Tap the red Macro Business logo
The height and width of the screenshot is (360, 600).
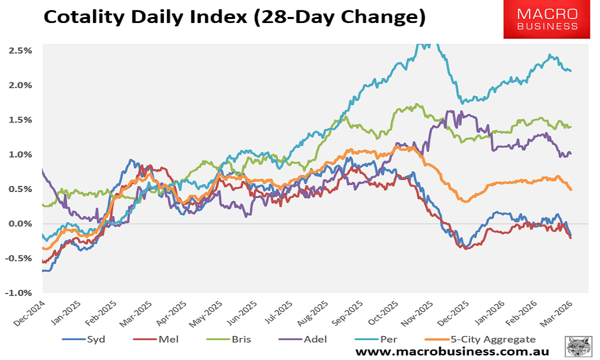tap(547, 19)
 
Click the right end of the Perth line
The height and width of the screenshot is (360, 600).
tap(571, 71)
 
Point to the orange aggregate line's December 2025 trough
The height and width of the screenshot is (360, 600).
tap(465, 201)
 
